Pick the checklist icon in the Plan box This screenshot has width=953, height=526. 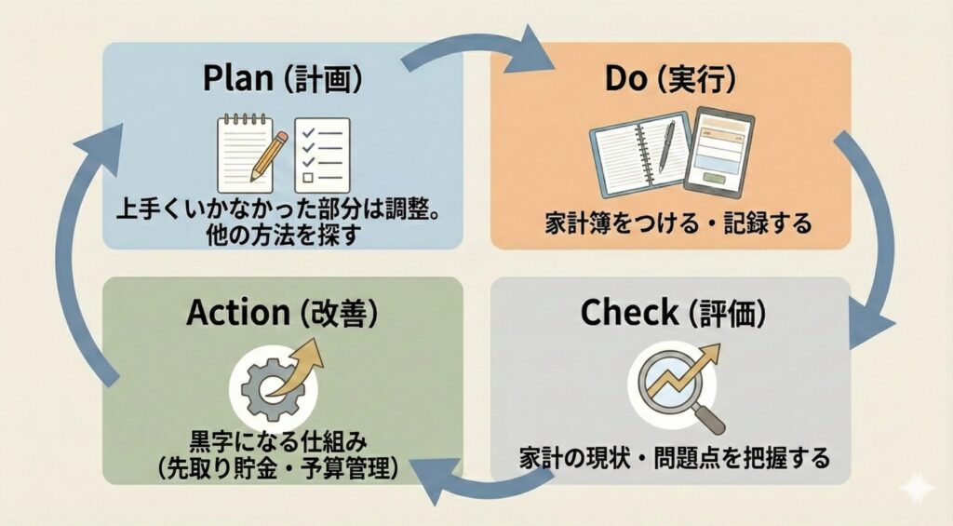click(x=321, y=153)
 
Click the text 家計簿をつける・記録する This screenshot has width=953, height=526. click(x=678, y=224)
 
